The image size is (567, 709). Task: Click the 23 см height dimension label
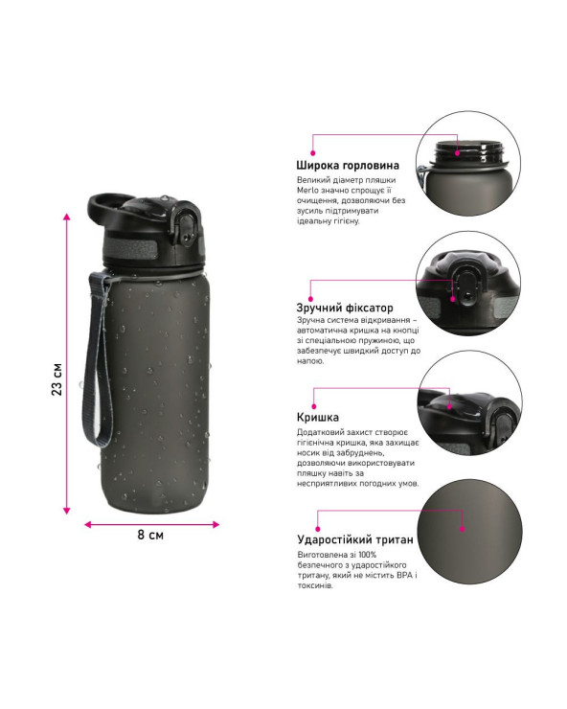pos(57,378)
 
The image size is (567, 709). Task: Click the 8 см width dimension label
pos(150,535)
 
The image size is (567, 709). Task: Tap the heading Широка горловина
pos(348,166)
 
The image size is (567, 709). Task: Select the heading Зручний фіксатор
pos(345,308)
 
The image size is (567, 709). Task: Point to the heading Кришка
pos(317,418)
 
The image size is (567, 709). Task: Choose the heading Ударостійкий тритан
pos(355,539)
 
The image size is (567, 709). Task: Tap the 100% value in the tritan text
pos(367,555)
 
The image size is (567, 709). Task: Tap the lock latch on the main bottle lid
pos(186,228)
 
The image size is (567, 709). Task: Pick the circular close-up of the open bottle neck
pos(468,164)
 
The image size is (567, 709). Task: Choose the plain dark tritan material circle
pos(470,532)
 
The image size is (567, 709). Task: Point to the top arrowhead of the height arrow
pos(67,217)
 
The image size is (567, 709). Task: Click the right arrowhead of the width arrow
pos(215,524)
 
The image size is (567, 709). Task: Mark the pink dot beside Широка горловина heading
pos(312,153)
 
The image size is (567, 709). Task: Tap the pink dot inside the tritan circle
pos(462,529)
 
